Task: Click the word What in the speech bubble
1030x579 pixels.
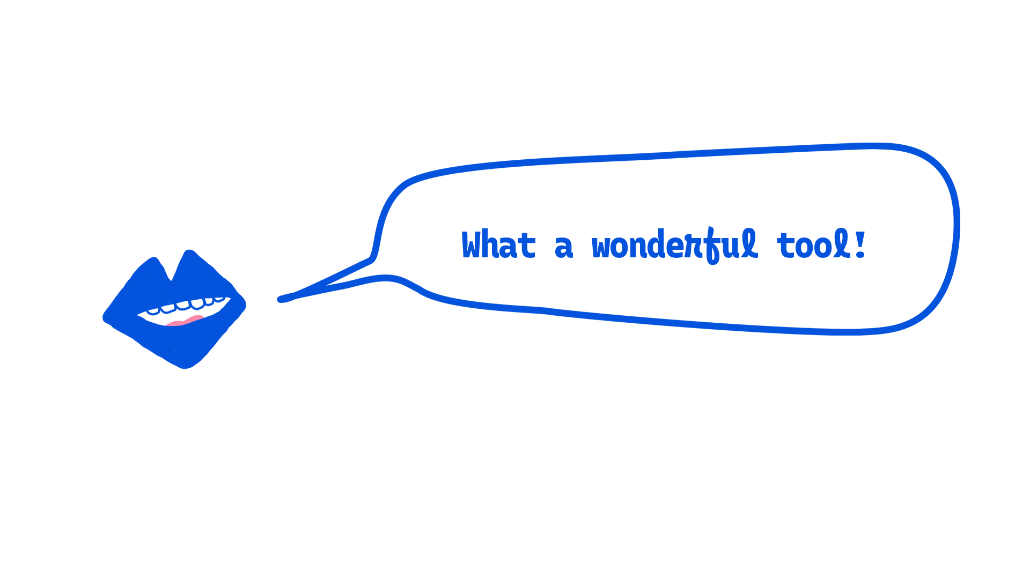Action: (x=498, y=244)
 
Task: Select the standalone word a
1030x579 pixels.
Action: (x=564, y=248)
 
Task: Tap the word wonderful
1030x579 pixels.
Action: (x=675, y=245)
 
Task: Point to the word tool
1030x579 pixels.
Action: (x=814, y=244)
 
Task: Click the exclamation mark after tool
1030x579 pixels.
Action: (x=860, y=244)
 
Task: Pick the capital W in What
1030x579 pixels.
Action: (x=470, y=244)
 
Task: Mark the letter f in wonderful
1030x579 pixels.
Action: (x=711, y=246)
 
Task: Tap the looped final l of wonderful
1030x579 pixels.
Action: (x=750, y=243)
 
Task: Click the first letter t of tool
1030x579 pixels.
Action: (x=786, y=246)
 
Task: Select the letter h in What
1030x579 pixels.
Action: (x=489, y=244)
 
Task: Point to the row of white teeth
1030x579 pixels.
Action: (x=185, y=305)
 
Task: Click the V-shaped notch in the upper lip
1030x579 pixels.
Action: (x=171, y=280)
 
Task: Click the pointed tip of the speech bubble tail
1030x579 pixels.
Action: (x=279, y=299)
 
